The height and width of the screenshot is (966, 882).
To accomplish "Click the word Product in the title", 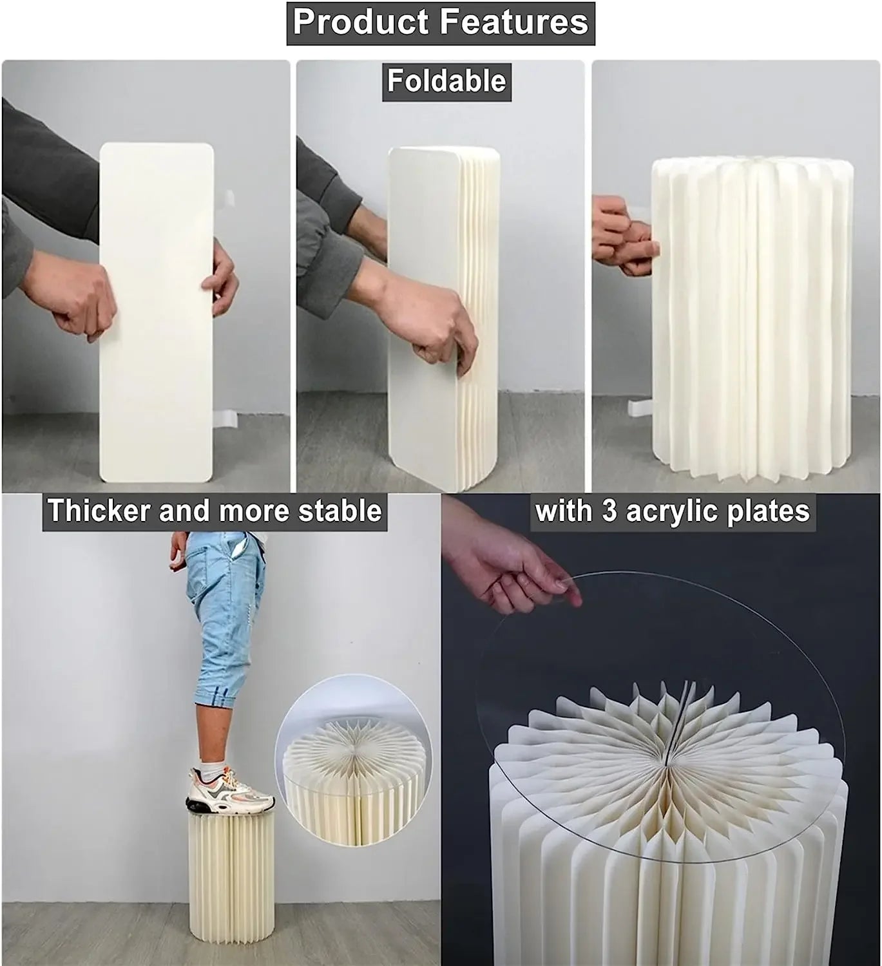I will point(361,22).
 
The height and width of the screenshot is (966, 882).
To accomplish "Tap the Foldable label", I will point(446,82).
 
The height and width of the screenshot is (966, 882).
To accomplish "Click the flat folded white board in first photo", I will point(157,312).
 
